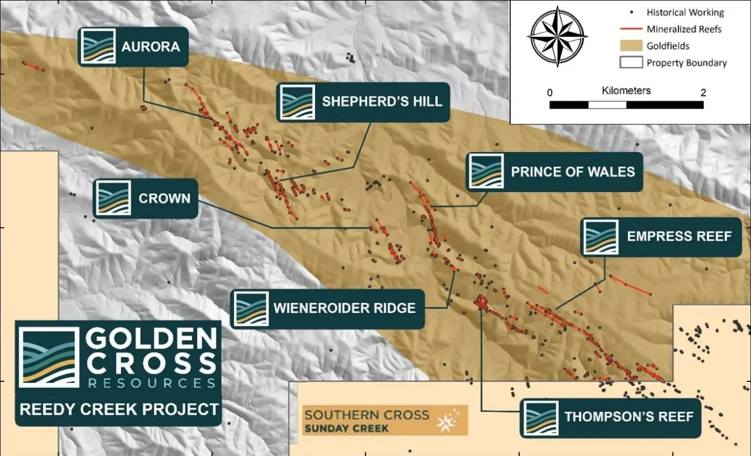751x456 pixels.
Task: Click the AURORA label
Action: click(x=150, y=46)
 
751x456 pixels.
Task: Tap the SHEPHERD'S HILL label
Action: click(x=381, y=102)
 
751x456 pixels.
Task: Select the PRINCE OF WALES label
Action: click(x=572, y=172)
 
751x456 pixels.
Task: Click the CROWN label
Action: click(x=164, y=199)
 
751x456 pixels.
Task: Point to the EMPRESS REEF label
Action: click(x=679, y=237)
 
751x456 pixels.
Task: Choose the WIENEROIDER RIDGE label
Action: click(x=344, y=308)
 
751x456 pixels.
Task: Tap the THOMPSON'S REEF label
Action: click(x=628, y=417)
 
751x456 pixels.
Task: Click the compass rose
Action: click(x=557, y=36)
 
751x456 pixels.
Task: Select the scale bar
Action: click(x=626, y=105)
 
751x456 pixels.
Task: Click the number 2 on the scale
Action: click(x=703, y=93)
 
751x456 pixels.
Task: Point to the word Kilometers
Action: click(x=626, y=91)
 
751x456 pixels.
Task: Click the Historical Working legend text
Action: click(x=685, y=12)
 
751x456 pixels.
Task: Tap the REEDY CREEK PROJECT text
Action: click(x=119, y=409)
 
